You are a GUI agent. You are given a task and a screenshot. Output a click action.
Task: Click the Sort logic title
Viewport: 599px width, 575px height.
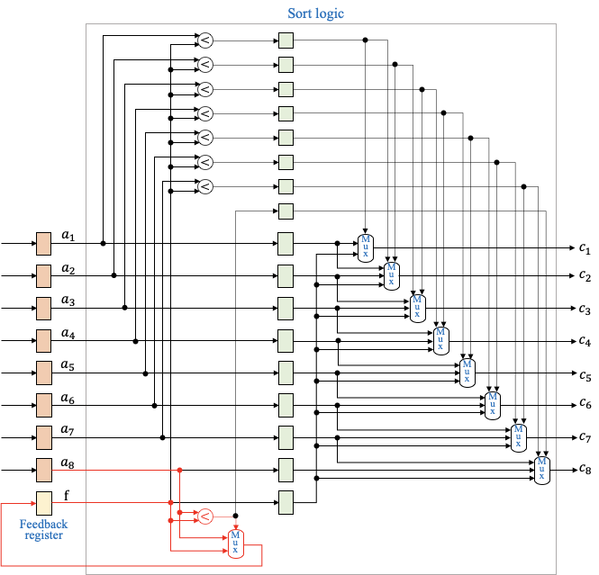(x=315, y=13)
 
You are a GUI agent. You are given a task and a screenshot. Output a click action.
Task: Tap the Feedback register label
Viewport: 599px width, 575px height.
(x=43, y=529)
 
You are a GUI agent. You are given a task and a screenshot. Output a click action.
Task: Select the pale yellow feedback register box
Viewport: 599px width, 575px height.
(x=43, y=503)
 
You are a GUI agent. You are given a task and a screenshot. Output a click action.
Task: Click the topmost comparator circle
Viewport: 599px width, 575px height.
(x=205, y=40)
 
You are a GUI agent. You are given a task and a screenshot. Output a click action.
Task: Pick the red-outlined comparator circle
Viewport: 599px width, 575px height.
(x=205, y=516)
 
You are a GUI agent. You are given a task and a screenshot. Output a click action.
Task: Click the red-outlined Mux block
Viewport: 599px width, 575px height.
(x=235, y=544)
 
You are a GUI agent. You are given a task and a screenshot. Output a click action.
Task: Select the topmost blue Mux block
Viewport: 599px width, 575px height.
(x=366, y=247)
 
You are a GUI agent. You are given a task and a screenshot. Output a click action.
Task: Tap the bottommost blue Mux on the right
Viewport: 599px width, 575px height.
(x=542, y=471)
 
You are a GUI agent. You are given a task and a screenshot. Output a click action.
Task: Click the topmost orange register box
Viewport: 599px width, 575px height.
(x=43, y=244)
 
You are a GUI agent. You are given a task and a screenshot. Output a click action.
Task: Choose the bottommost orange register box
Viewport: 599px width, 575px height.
(x=43, y=470)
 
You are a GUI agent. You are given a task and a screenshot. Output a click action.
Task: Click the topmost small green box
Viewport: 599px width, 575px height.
(x=286, y=40)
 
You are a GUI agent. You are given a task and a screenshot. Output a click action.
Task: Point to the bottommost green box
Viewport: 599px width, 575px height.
(x=286, y=502)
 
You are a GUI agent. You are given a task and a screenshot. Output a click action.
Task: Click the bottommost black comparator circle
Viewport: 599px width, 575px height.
(x=205, y=186)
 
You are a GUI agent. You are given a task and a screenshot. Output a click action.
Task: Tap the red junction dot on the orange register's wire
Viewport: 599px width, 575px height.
(x=179, y=470)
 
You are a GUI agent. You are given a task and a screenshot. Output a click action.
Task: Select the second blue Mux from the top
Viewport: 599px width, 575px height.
(x=392, y=275)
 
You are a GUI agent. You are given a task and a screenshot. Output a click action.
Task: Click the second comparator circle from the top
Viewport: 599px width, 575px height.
(x=205, y=65)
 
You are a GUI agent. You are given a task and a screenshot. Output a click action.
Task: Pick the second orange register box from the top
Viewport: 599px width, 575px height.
(x=43, y=275)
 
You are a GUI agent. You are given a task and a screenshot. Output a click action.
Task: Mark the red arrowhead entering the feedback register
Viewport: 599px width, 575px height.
(x=32, y=503)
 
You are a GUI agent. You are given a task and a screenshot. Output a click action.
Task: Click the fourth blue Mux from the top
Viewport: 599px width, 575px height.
(x=441, y=340)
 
